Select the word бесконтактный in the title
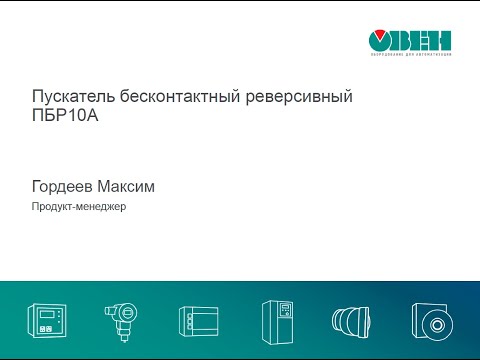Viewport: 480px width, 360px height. coord(167,98)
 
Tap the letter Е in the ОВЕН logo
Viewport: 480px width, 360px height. coord(422,40)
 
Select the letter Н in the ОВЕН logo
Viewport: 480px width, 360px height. coord(441,40)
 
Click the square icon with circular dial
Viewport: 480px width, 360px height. coord(433,321)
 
